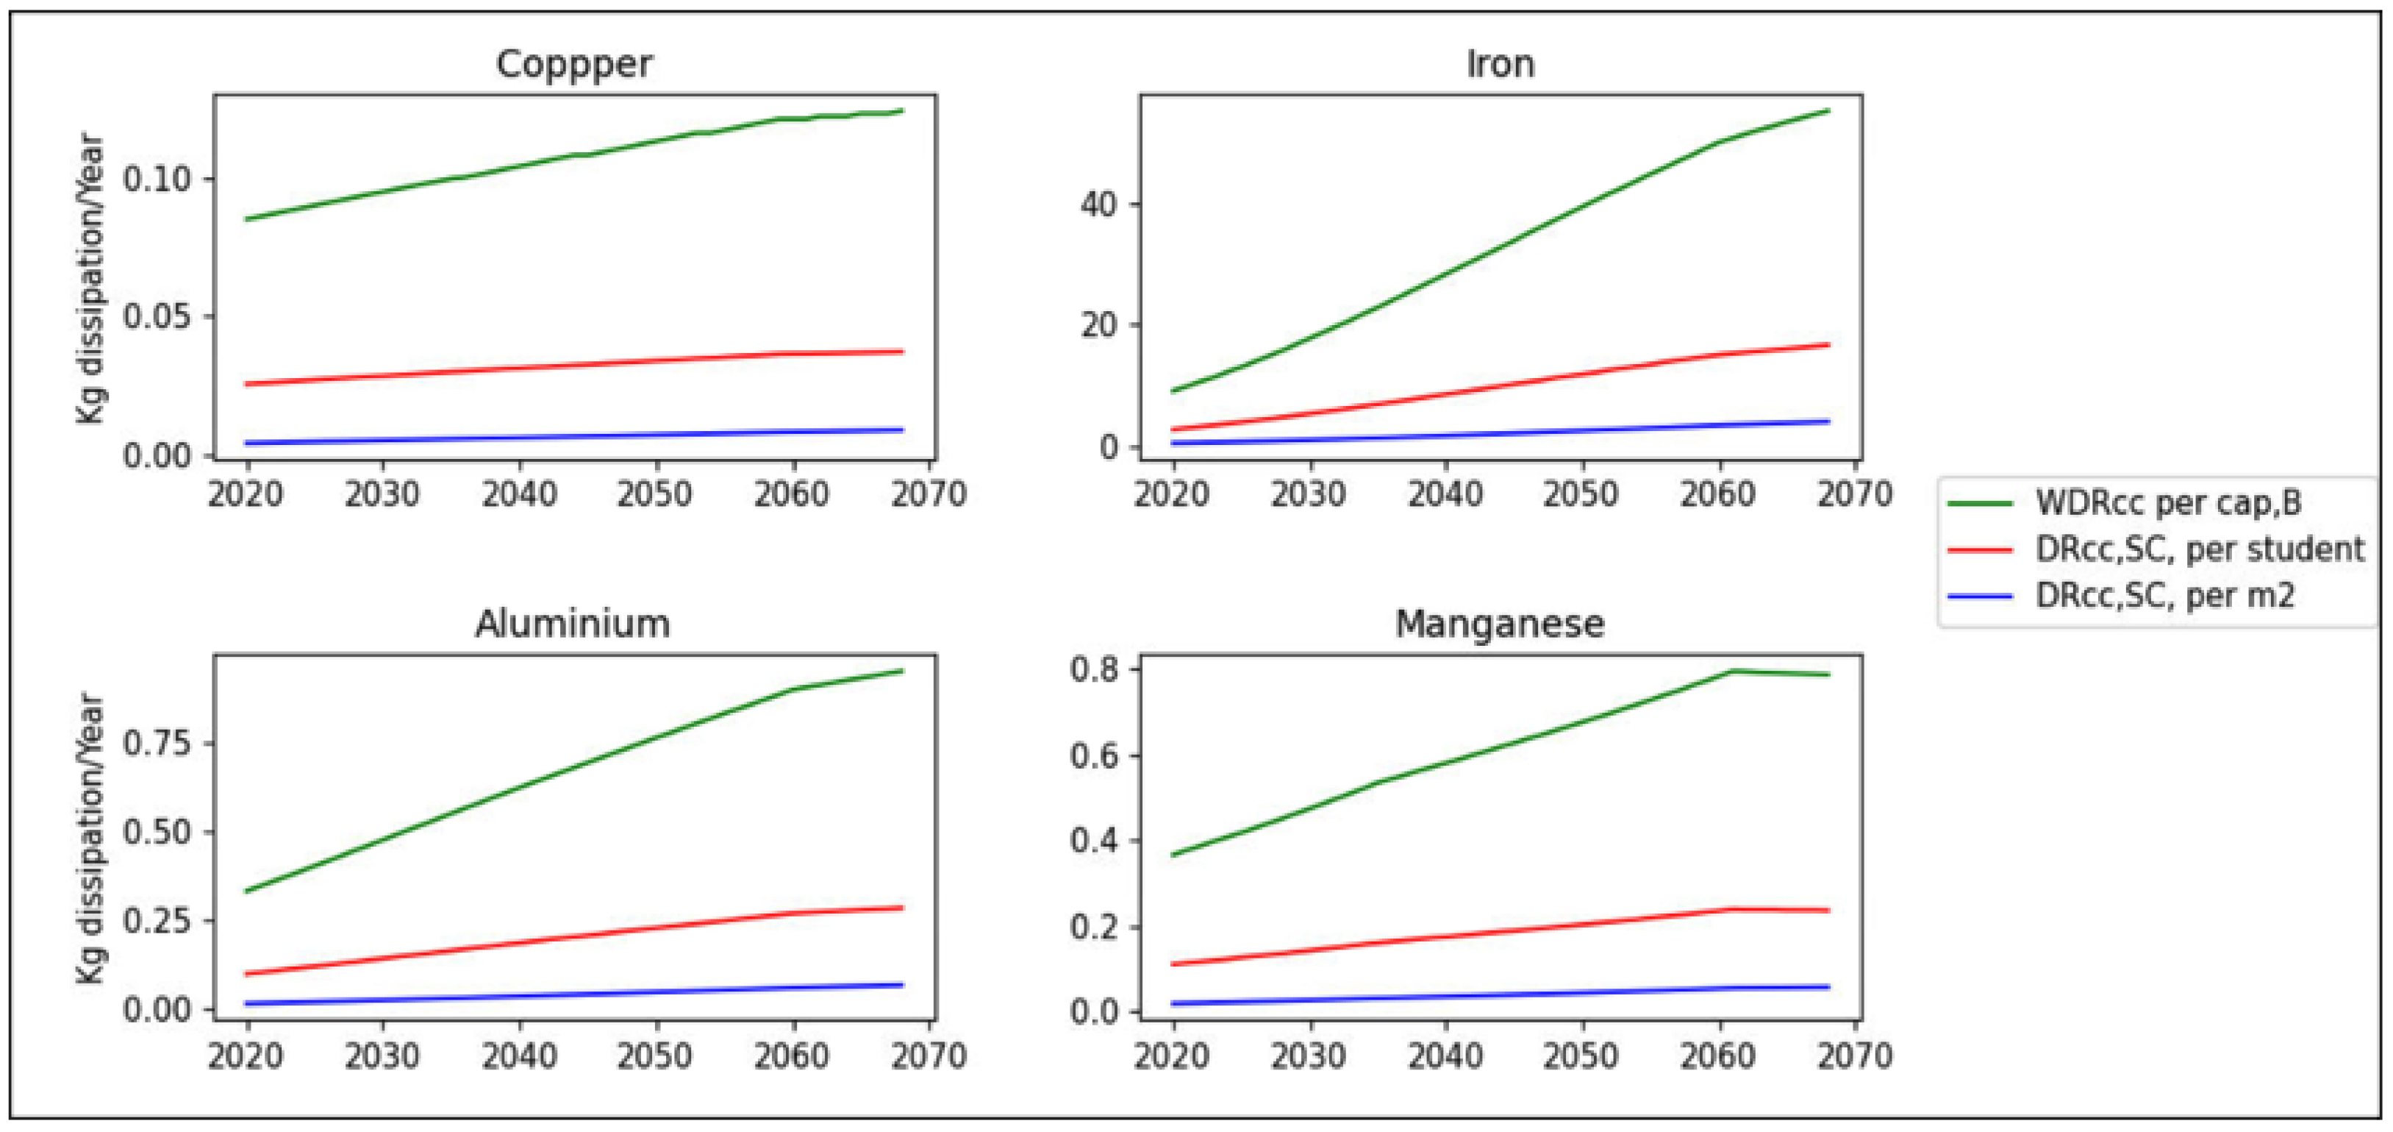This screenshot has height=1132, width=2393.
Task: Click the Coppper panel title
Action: [x=573, y=64]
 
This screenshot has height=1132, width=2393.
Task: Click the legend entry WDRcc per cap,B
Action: [x=2168, y=503]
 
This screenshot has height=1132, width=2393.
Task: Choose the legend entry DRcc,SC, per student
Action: [x=2199, y=549]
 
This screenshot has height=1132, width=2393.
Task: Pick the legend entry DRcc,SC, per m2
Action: [x=2164, y=595]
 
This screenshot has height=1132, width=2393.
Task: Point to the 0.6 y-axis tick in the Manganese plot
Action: [x=1092, y=755]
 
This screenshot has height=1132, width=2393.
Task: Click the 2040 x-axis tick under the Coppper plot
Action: [x=518, y=494]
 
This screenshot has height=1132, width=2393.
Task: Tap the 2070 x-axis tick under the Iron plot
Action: [x=1854, y=494]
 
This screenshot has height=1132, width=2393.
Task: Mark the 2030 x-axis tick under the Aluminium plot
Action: [x=382, y=1056]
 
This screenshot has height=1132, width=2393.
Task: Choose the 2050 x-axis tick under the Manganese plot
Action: [x=1581, y=1056]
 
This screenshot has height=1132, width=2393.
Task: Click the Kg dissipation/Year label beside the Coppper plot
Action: [x=90, y=279]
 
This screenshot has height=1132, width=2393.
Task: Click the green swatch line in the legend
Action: [x=1980, y=504]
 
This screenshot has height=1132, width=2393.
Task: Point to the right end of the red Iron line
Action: [x=1828, y=345]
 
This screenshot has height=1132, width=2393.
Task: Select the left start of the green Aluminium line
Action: [x=247, y=891]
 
